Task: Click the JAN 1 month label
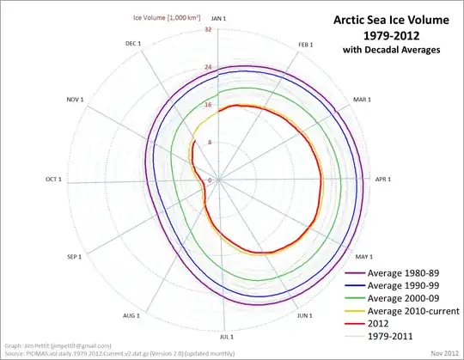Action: point(218,17)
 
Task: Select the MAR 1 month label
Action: point(367,101)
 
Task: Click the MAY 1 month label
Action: point(363,257)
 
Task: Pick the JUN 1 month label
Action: point(305,316)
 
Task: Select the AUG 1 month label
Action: point(132,316)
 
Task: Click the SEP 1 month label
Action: point(74,257)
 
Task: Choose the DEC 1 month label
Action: point(134,43)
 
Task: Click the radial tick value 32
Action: point(208,29)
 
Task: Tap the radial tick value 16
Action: point(208,105)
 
